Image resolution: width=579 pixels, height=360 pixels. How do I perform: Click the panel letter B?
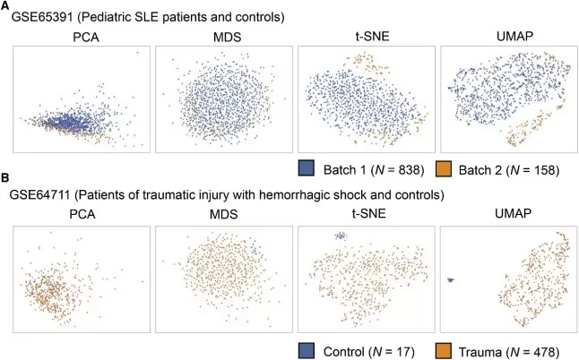tap(5, 179)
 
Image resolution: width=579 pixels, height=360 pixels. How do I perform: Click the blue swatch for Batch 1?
tap(307, 167)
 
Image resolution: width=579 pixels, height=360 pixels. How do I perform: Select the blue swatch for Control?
tap(307, 345)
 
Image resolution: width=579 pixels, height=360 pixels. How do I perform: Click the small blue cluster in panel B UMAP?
tap(451, 280)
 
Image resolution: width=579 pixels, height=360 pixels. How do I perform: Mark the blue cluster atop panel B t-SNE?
tap(341, 236)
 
